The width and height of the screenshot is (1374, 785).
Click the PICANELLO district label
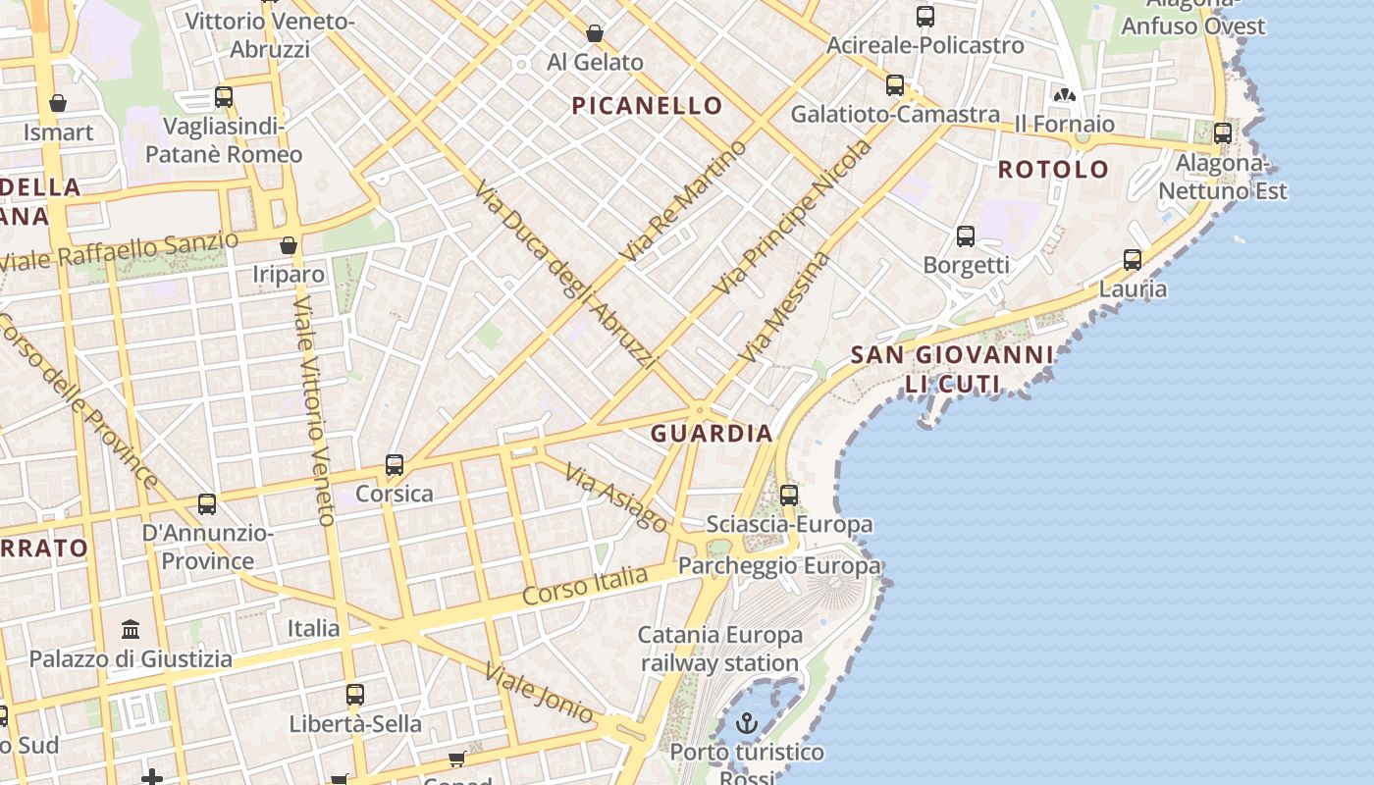point(647,106)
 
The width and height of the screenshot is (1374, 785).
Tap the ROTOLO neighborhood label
point(1053,169)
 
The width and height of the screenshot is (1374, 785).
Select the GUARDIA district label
point(712,433)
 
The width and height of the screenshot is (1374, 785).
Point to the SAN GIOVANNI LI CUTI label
point(951,369)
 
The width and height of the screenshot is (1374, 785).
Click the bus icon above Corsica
point(395,465)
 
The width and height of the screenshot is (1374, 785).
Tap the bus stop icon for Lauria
point(1133,260)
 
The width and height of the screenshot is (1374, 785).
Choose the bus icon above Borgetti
point(966,236)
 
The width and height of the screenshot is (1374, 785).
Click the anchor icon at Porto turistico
point(748,724)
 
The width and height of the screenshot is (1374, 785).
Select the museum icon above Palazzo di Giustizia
point(131,629)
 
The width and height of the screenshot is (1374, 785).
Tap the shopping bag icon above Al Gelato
point(595,34)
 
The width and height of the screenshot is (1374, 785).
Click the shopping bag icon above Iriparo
point(289,245)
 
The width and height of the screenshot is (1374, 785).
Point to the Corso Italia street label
point(585,585)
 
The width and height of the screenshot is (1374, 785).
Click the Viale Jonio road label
point(539,694)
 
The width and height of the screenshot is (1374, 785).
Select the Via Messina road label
point(785,307)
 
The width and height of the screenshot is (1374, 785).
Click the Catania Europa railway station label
point(719,649)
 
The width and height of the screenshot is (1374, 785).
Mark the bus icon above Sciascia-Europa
point(789,496)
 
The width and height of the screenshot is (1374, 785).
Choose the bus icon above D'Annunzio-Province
point(207,504)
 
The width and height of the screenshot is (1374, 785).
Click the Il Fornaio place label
point(1064,124)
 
